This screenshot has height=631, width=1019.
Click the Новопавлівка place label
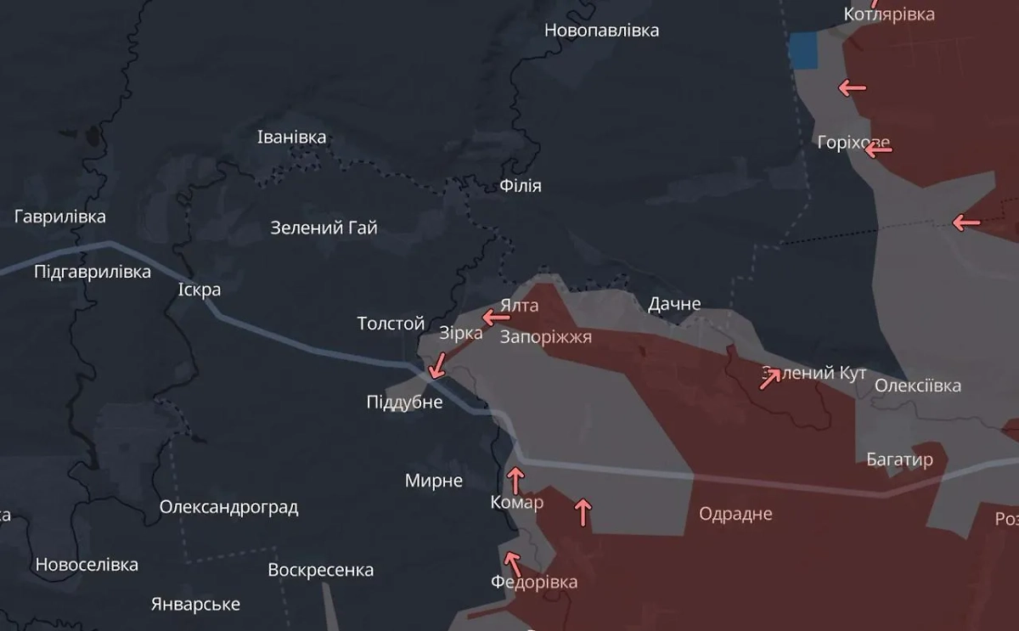click(601, 31)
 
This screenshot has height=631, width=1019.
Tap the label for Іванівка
click(291, 137)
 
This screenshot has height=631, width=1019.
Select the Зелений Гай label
click(324, 228)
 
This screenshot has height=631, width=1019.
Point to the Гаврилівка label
click(60, 217)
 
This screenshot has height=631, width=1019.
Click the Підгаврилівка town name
click(93, 272)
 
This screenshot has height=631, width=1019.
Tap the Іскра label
click(200, 290)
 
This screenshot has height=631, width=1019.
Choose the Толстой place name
click(391, 324)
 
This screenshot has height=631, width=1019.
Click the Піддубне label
click(404, 402)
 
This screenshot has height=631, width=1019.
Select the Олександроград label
click(228, 508)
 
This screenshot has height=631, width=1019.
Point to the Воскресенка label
click(321, 570)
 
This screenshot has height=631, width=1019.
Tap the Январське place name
click(195, 605)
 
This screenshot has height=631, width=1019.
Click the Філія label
click(521, 185)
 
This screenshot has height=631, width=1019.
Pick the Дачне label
click(674, 303)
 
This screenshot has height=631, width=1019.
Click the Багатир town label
click(899, 459)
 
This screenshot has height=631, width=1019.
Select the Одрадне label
click(735, 514)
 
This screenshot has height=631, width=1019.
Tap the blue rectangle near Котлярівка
click(802, 51)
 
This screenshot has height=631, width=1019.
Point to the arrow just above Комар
click(515, 479)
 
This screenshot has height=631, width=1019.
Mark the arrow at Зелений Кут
click(770, 378)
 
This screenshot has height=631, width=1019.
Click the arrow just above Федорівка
click(511, 562)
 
